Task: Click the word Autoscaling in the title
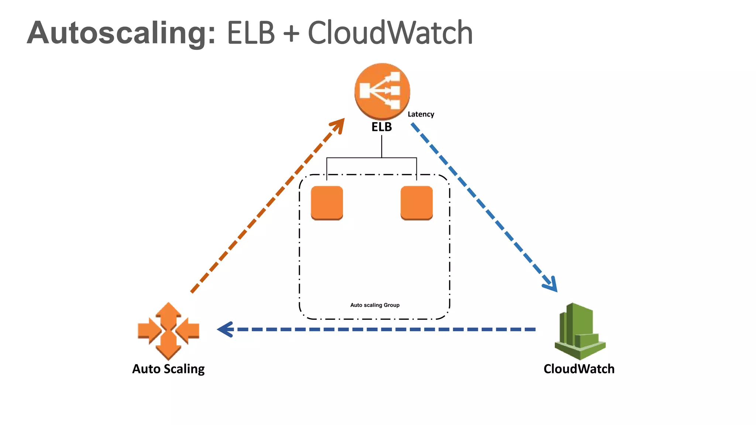tap(121, 33)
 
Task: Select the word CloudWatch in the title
tap(390, 33)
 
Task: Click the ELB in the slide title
tap(251, 33)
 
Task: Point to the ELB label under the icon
tap(381, 127)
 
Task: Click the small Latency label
tap(421, 114)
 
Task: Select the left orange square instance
tap(327, 203)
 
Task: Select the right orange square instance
tap(416, 203)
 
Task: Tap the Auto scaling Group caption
tap(375, 305)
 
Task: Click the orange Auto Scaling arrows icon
tap(168, 331)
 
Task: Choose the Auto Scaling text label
tap(168, 369)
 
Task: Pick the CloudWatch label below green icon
tap(579, 369)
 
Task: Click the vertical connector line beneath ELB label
tap(382, 146)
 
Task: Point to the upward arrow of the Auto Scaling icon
tap(168, 312)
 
